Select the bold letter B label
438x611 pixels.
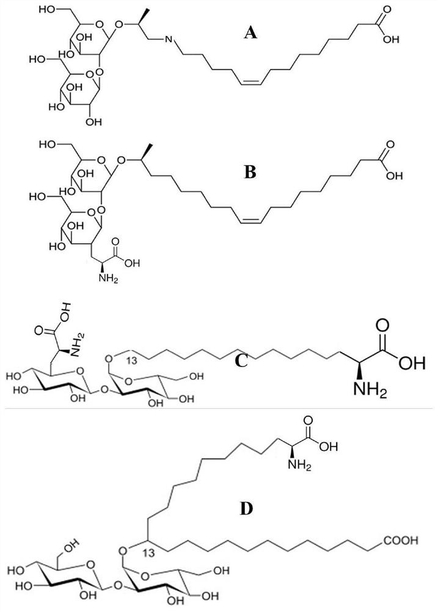point(250,173)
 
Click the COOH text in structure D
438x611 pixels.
point(401,540)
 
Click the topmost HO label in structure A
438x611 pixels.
point(48,10)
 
